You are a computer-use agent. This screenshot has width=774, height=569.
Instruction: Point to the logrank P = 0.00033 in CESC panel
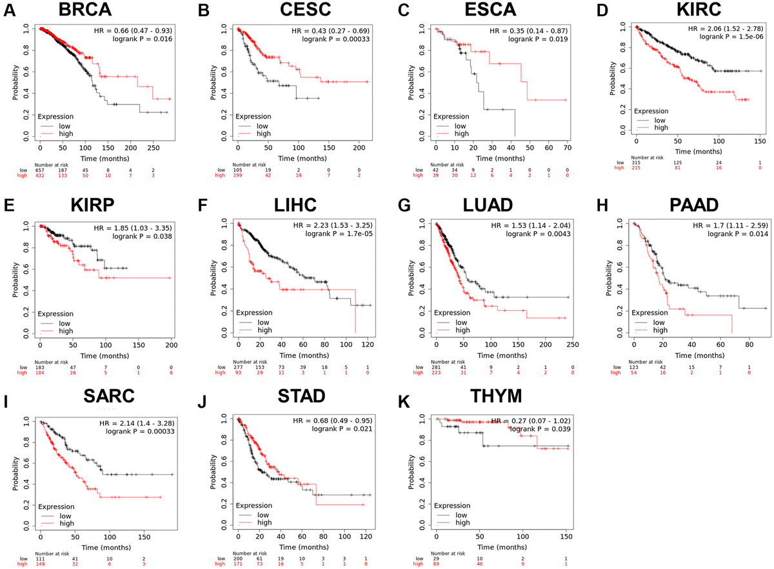(x=339, y=39)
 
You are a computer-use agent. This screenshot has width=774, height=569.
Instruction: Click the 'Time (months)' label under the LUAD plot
(x=504, y=355)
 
